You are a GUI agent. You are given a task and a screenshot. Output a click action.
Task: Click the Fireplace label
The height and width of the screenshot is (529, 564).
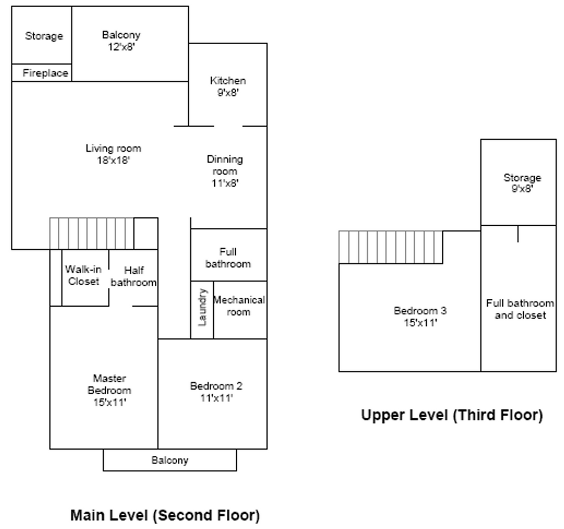pyautogui.click(x=45, y=73)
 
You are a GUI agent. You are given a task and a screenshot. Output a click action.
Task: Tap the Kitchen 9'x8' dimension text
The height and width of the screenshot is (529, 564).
pyautogui.click(x=228, y=92)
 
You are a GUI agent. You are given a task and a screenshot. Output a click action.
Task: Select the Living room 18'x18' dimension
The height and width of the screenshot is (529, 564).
pyautogui.click(x=113, y=160)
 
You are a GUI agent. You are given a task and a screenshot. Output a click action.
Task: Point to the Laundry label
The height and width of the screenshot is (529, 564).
pyautogui.click(x=203, y=307)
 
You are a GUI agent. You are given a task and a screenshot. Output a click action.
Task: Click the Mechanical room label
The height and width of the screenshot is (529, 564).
pyautogui.click(x=239, y=306)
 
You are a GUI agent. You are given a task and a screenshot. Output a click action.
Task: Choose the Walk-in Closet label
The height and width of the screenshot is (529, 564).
pyautogui.click(x=83, y=275)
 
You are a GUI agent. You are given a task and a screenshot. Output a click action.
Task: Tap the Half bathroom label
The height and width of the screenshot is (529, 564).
pyautogui.click(x=133, y=276)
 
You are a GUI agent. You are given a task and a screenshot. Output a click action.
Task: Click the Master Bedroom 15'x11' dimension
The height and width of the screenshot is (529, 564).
pyautogui.click(x=110, y=402)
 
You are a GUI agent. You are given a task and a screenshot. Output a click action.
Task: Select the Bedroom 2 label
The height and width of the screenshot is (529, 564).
pyautogui.click(x=216, y=386)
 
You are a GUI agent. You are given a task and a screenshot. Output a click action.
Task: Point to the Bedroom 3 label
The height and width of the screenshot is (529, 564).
pyautogui.click(x=420, y=310)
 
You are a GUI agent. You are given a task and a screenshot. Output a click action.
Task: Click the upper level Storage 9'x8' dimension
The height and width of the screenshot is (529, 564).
pyautogui.click(x=522, y=188)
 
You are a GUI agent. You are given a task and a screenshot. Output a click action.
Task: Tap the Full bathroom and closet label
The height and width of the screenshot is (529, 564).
pyautogui.click(x=520, y=309)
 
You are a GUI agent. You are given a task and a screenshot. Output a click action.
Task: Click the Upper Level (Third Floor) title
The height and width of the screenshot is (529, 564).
pyautogui.click(x=452, y=415)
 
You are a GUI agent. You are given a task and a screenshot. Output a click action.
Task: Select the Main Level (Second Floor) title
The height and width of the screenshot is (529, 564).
pyautogui.click(x=165, y=515)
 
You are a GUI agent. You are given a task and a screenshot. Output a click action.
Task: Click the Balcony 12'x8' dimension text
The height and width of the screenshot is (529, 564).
pyautogui.click(x=121, y=47)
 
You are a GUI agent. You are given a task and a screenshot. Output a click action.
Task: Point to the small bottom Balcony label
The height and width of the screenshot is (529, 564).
pyautogui.click(x=170, y=460)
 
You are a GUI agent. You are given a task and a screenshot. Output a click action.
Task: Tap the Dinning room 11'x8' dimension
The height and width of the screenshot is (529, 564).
pyautogui.click(x=225, y=183)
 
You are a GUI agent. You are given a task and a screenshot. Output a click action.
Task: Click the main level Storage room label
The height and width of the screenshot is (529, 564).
pyautogui.click(x=44, y=36)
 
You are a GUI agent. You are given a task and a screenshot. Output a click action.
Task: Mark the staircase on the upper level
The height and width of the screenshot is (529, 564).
pyautogui.click(x=391, y=247)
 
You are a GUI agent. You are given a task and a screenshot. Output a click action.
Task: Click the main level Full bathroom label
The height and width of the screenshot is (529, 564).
pyautogui.click(x=228, y=258)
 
